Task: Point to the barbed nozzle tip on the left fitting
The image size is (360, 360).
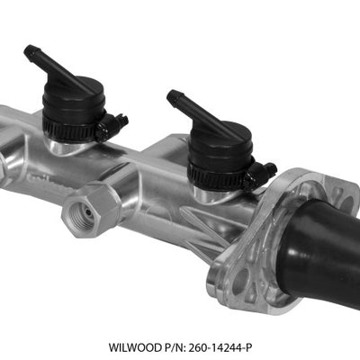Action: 30,49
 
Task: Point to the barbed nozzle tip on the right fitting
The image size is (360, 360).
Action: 172,94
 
